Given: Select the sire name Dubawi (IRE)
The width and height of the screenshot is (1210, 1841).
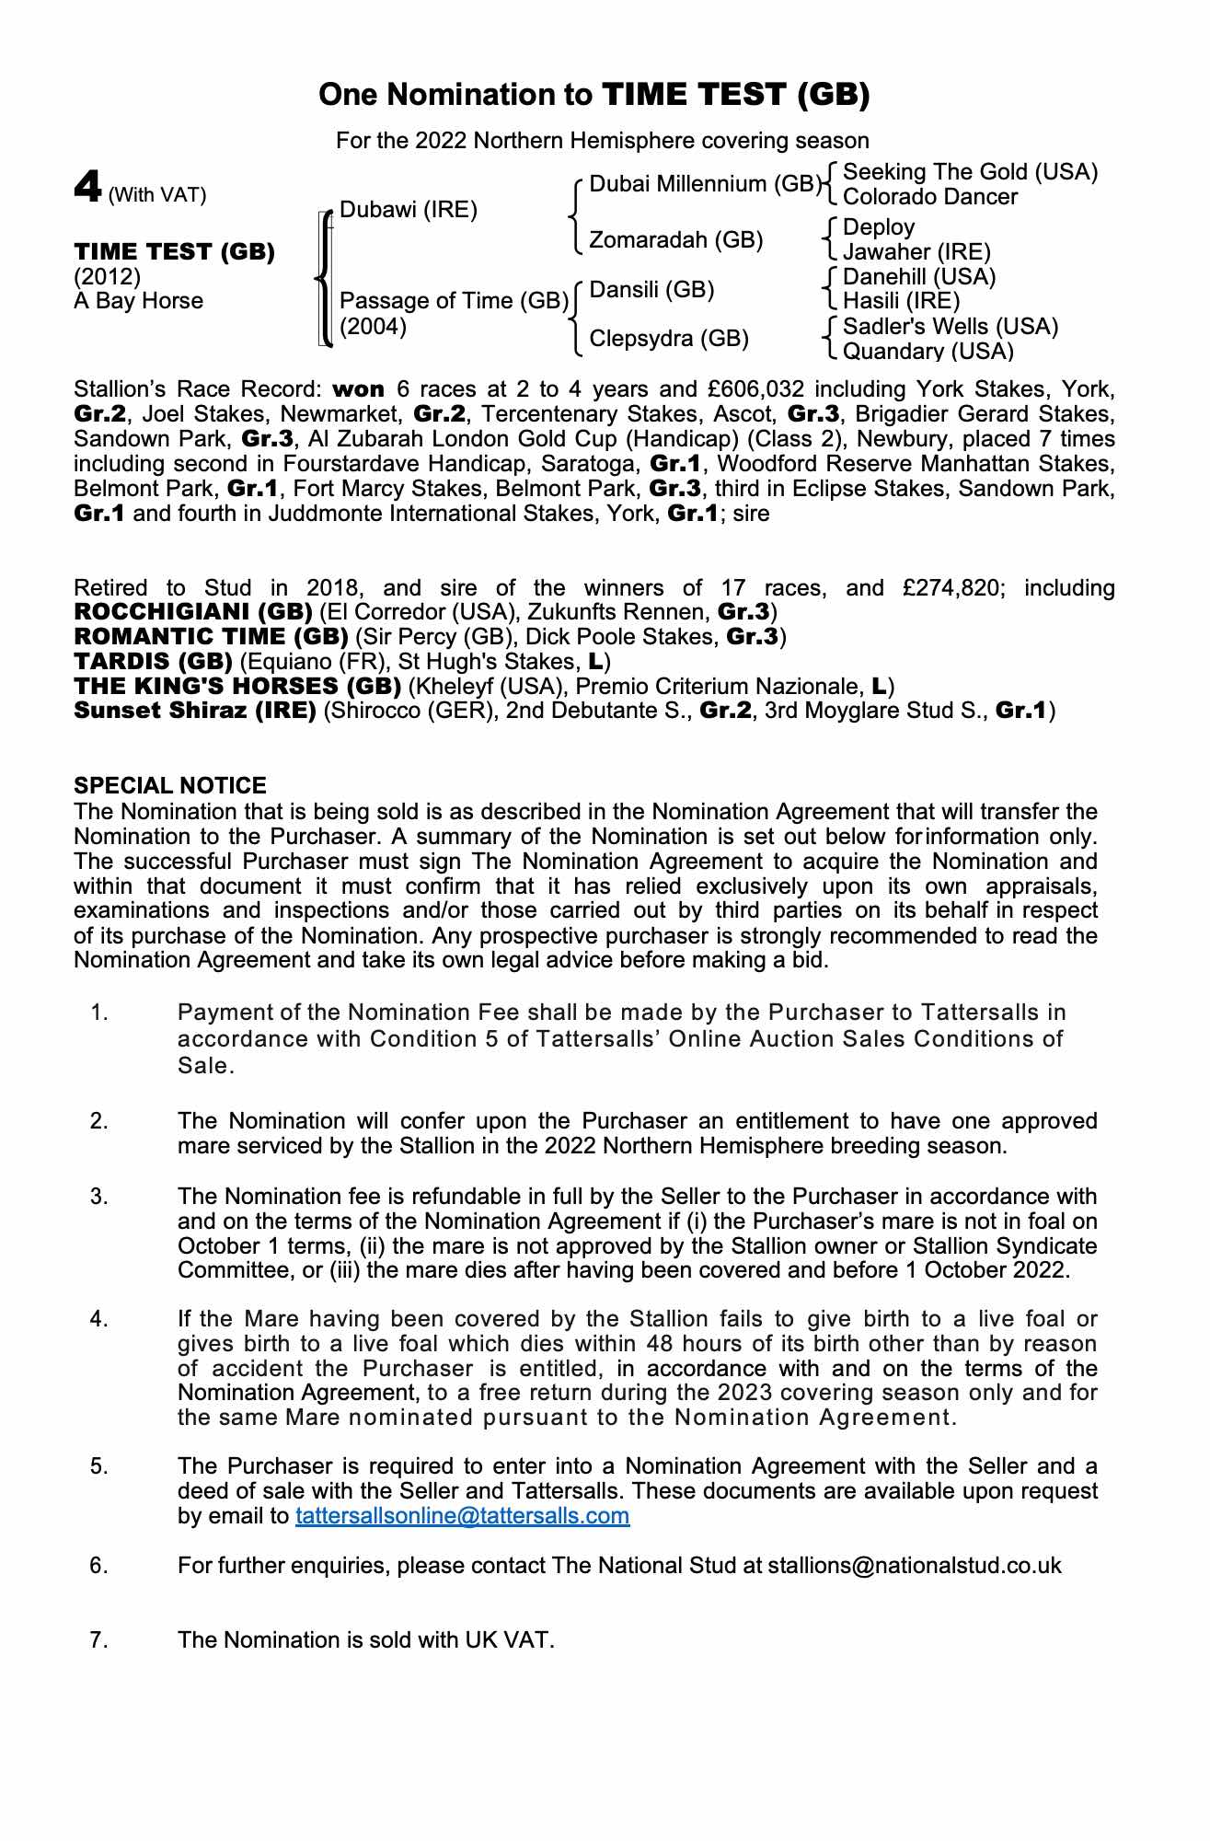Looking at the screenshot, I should click(409, 210).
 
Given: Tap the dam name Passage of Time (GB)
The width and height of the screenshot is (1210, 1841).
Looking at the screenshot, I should click(454, 301).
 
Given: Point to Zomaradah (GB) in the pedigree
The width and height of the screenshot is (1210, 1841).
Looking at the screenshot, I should click(675, 240).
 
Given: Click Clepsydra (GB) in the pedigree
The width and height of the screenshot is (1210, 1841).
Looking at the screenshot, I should click(669, 339).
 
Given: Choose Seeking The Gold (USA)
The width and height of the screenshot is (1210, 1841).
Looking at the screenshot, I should click(970, 172).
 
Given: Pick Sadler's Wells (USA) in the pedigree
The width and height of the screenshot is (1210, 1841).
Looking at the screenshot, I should click(951, 327).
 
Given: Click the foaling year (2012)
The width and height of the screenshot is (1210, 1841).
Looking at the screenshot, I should click(107, 276).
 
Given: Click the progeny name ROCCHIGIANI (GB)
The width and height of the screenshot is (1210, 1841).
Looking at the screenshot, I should click(193, 612).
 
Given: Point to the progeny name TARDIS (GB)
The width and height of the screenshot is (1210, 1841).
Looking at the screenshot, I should click(153, 662).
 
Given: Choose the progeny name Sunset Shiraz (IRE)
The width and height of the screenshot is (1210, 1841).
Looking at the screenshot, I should click(195, 711).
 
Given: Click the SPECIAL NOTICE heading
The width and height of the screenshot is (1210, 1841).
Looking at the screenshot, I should click(170, 785).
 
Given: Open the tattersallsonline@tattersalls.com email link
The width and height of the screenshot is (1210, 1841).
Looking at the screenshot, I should click(462, 1516).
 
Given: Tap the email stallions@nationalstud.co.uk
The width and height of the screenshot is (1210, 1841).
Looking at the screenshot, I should click(915, 1566).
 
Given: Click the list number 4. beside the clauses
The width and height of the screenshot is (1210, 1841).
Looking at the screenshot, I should click(99, 1319).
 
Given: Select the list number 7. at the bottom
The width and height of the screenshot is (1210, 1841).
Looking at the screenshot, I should click(99, 1640).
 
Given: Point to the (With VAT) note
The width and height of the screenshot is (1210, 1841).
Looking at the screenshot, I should click(157, 195).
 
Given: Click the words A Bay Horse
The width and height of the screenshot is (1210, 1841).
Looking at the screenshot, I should click(138, 301).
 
